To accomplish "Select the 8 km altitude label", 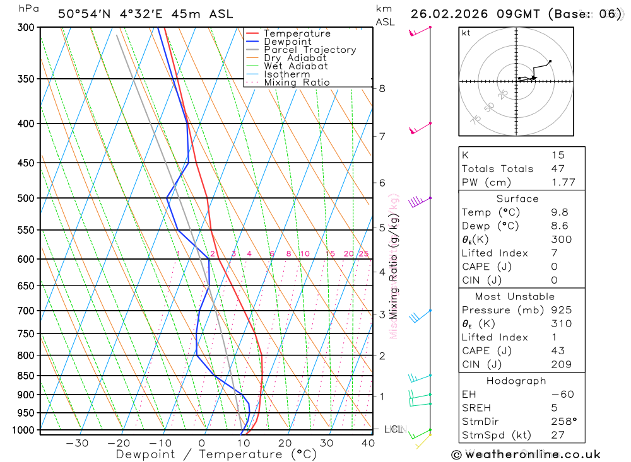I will point(382,88).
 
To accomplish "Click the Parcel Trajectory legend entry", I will point(310,50).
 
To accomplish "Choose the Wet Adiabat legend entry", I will point(296,66).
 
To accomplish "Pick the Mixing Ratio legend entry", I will point(297,83).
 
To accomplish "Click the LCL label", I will point(393,430).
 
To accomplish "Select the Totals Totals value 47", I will point(558,168).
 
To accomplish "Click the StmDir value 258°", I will point(561,422).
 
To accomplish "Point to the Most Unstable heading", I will point(516,296).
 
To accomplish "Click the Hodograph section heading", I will point(516,381).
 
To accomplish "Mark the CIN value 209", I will point(561,364).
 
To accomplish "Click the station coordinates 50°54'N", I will point(84,14).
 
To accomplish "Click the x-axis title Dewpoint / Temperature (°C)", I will point(216,454).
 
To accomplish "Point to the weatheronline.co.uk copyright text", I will point(526,454).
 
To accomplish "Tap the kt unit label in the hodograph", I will point(466,32).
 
